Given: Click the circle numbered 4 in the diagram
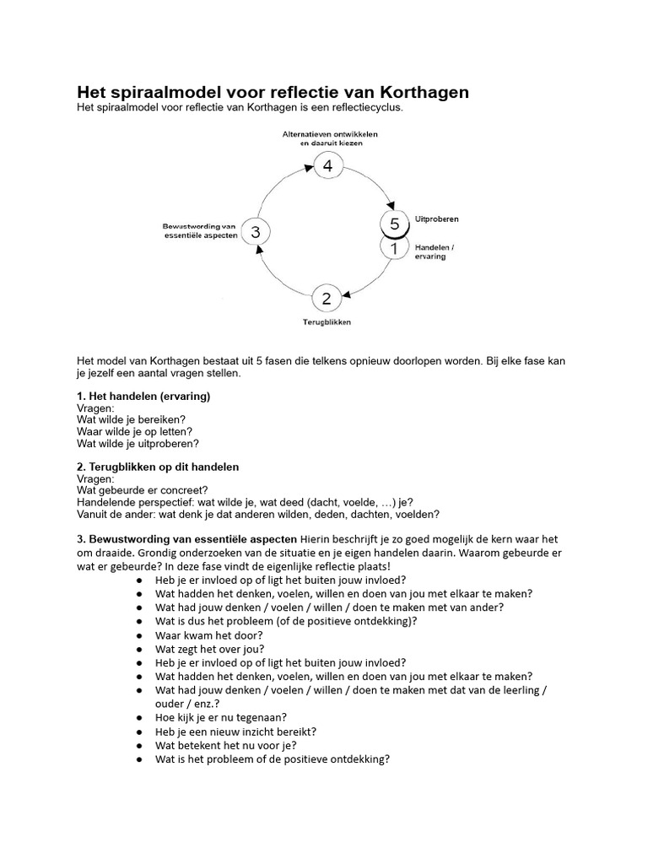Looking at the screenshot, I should (327, 166).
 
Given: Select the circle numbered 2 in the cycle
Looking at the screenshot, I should (327, 299).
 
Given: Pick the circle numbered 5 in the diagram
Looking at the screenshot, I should (394, 224).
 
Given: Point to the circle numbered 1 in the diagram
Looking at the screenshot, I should (394, 247).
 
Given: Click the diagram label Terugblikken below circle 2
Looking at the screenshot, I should (327, 322).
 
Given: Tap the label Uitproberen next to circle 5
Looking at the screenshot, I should (436, 219).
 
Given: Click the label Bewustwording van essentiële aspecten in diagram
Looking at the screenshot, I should (199, 231).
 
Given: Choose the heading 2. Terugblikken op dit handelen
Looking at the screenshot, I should (158, 467).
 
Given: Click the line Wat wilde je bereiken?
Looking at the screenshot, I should (131, 419).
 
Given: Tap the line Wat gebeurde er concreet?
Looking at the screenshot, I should (143, 490).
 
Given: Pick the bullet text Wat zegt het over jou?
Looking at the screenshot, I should (210, 649).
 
